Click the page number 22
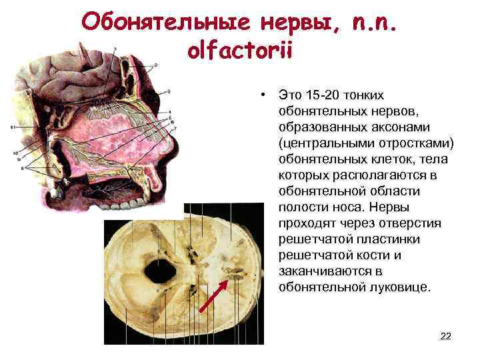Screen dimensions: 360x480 [x=446, y=336]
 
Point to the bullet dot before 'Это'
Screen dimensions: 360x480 [x=265, y=95]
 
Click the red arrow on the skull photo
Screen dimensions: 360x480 [x=213, y=296]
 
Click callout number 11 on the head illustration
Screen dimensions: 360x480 [x=13, y=127]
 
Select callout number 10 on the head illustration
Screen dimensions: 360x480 [x=15, y=153]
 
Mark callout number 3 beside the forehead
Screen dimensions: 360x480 [x=169, y=91]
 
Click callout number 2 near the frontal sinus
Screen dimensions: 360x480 [x=155, y=64]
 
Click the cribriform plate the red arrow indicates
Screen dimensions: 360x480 [x=235, y=273]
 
